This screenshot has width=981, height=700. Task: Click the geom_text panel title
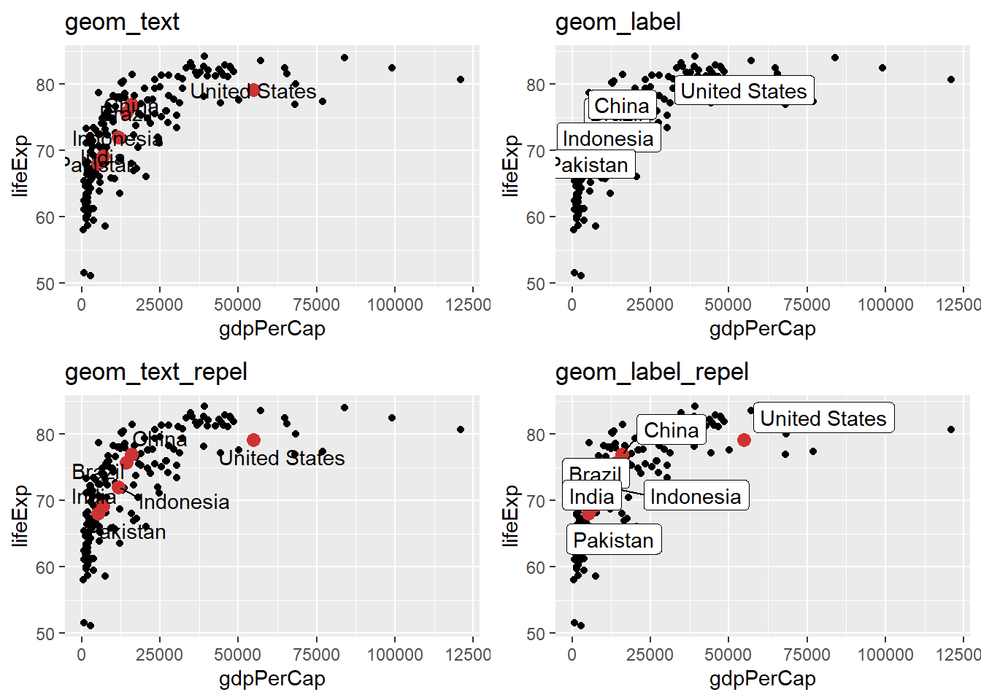point(122,22)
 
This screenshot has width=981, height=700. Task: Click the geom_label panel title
point(618,22)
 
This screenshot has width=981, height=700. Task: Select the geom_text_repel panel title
point(155,372)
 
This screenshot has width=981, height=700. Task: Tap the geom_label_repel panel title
point(652,372)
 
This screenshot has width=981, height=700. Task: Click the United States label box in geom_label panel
point(743,90)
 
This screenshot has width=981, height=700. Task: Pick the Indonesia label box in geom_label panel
point(608,138)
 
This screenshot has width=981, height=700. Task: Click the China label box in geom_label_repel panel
point(671,430)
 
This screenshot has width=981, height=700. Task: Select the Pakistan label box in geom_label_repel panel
point(613,540)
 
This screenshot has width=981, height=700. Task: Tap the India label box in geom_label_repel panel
point(591,497)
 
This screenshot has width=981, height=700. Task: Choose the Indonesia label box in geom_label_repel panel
point(696,496)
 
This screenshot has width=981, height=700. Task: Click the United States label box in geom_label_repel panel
point(823,418)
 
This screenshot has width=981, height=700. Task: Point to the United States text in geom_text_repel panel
point(282,458)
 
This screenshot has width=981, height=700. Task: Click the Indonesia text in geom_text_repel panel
point(184,502)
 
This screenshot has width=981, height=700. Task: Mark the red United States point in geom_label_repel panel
point(744,440)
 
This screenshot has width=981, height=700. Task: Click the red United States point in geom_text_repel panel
point(253,440)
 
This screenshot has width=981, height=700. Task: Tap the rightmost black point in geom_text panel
point(461,79)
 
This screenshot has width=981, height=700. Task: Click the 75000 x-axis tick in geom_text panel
point(316,305)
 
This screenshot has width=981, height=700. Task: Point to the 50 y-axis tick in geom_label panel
point(536,284)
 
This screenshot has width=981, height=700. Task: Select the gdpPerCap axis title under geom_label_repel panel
point(762,678)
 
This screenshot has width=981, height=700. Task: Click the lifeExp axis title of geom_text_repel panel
point(20,516)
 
